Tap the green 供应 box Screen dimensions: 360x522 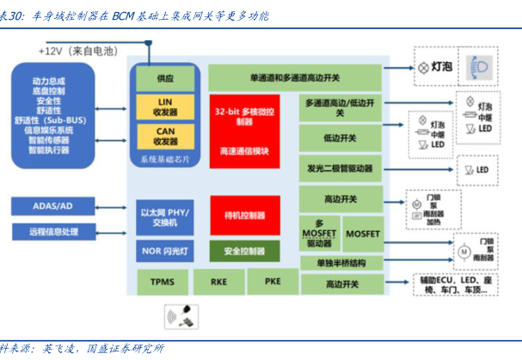tap(164, 77)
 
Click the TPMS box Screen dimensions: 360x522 tap(163, 280)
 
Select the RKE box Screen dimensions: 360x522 tap(218, 280)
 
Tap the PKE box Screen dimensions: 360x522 tap(271, 280)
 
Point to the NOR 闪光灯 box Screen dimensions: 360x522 tap(164, 251)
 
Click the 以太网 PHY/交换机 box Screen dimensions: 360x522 tap(164, 217)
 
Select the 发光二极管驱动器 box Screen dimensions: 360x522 tap(341, 168)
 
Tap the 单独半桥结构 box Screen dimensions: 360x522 tap(341, 262)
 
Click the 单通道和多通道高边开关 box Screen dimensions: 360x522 tap(297, 77)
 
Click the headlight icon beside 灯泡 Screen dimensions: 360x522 tap(478, 66)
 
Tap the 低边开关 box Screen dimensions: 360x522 tap(341, 137)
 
